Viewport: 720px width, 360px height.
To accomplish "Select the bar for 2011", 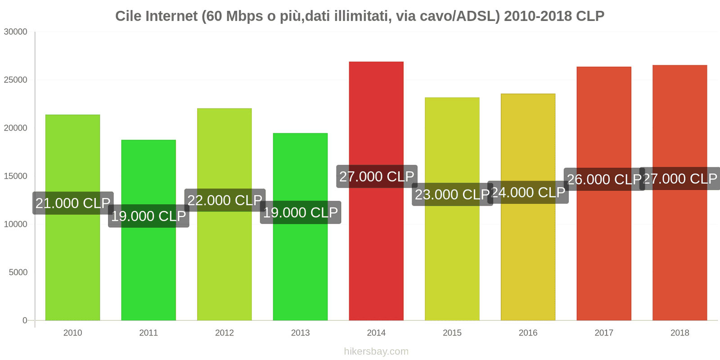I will coord(148,270).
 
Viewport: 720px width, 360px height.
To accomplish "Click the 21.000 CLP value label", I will coord(73,203).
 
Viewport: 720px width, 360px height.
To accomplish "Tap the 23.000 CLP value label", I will coord(452,194).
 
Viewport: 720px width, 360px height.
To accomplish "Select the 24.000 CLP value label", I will coord(528,193).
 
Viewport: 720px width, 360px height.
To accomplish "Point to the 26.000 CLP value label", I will coord(604,179).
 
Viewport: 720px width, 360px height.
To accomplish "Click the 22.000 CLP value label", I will coord(225,200).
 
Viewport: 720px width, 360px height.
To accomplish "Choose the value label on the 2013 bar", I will coord(301,212).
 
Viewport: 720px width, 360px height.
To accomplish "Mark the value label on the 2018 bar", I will coord(680,179).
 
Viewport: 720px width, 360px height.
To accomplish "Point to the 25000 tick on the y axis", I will coord(16,80).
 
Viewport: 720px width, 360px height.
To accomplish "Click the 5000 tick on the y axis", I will coord(18,272).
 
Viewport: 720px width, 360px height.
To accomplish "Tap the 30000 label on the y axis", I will coord(16,32).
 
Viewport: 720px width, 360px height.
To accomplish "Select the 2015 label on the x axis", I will coord(452,333).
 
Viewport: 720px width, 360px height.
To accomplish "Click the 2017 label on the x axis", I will coord(604,333).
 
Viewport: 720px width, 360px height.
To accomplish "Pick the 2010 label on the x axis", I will coord(72,333).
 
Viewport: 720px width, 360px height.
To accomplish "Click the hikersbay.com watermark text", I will coord(376,351).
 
